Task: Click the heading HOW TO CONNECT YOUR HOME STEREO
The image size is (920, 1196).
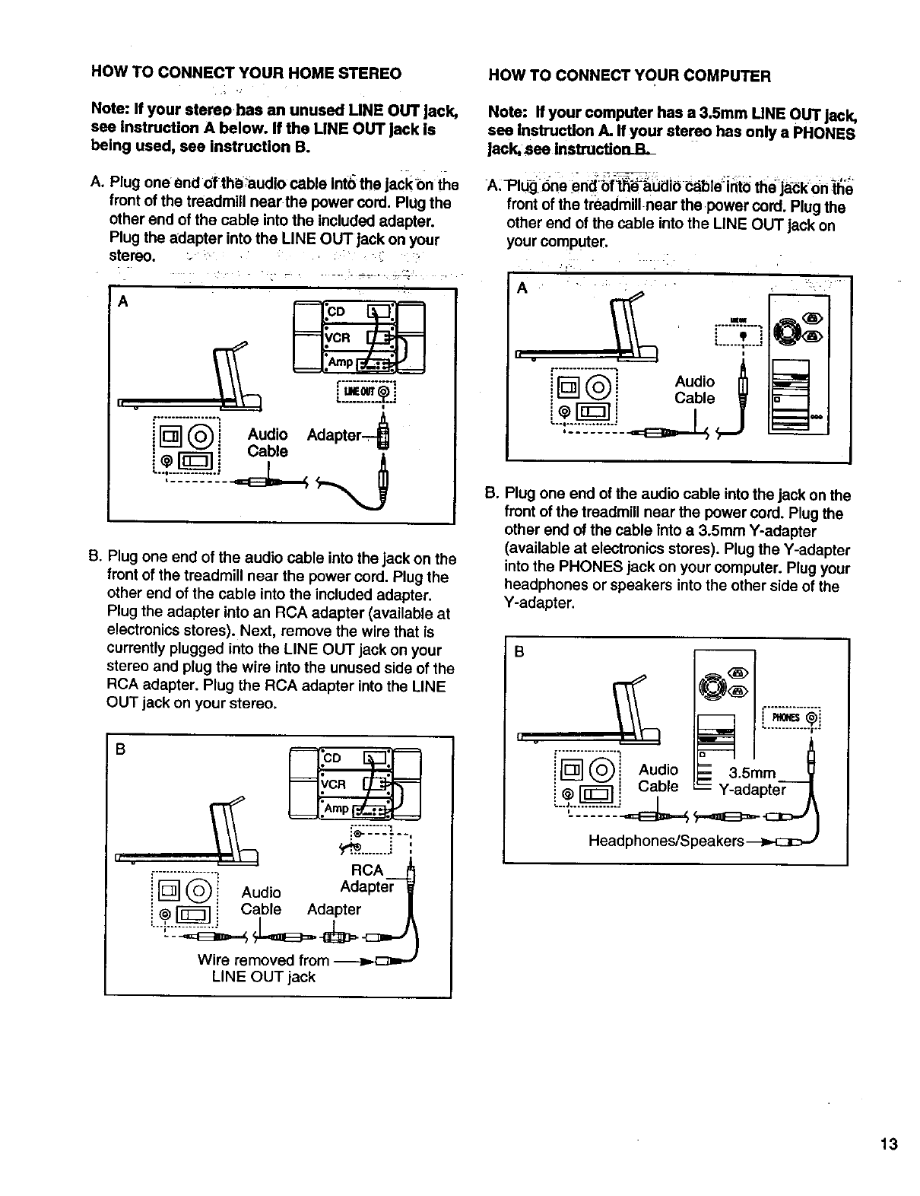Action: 246,74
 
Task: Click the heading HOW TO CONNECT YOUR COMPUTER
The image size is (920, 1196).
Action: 630,75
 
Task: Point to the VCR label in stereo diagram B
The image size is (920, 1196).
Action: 333,784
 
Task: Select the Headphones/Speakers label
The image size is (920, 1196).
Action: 665,841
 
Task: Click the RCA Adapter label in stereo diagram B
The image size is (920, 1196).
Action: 366,879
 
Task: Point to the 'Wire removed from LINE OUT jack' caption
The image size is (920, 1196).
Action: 263,968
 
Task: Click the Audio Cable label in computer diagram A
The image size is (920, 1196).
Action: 694,390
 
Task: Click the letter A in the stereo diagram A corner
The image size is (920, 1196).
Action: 122,301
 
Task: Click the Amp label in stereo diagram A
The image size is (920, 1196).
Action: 339,362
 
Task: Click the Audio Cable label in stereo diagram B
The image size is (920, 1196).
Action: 261,901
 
